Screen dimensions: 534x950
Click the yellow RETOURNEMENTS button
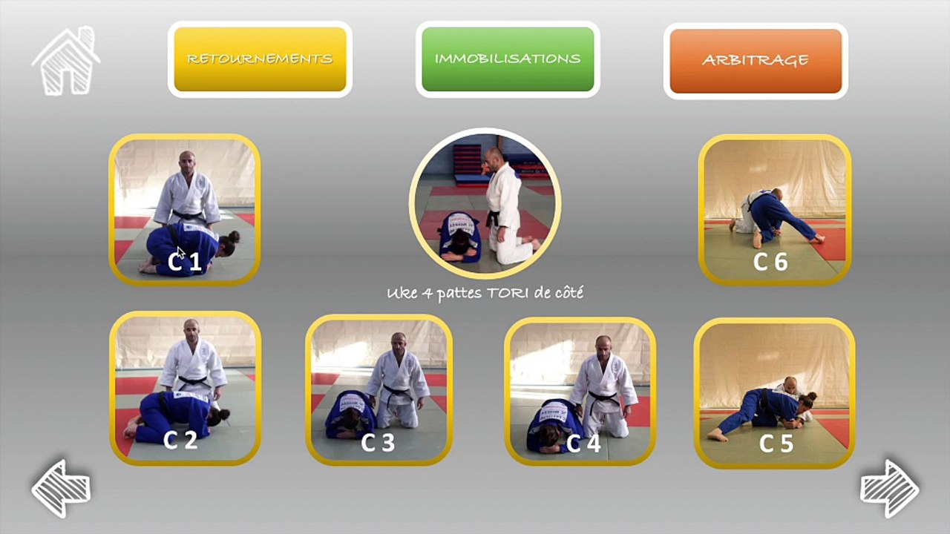click(x=260, y=59)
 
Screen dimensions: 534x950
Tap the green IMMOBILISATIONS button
click(x=508, y=59)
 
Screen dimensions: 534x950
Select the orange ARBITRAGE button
click(x=756, y=60)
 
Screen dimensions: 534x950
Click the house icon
click(x=65, y=62)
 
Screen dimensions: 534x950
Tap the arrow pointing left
click(x=60, y=488)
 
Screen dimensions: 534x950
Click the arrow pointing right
click(x=890, y=488)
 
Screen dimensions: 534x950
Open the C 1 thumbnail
click(x=185, y=209)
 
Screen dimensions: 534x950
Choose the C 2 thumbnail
click(x=186, y=388)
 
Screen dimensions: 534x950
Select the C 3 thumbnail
click(x=379, y=390)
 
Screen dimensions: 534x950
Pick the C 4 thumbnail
click(x=580, y=392)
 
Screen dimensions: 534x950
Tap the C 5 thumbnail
click(x=774, y=393)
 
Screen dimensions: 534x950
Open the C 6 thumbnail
click(x=774, y=209)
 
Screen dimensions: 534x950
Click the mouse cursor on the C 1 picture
click(x=180, y=252)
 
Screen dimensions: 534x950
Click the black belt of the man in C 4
click(x=603, y=397)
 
